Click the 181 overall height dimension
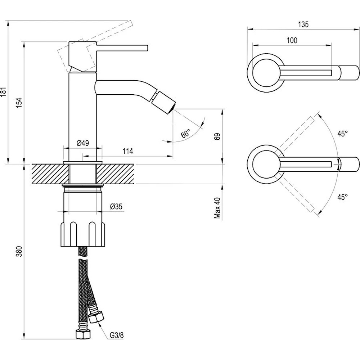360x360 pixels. pyautogui.click(x=3, y=92)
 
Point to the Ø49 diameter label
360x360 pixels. pyautogui.click(x=83, y=143)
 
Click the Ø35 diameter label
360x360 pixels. pyautogui.click(x=116, y=207)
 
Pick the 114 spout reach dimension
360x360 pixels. pyautogui.click(x=128, y=151)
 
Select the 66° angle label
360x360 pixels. pyautogui.click(x=185, y=134)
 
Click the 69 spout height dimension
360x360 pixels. pyautogui.click(x=218, y=136)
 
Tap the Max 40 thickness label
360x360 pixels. pyautogui.click(x=217, y=208)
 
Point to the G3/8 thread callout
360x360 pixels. pyautogui.click(x=117, y=335)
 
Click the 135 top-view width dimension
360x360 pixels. pyautogui.click(x=303, y=24)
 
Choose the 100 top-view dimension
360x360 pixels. pyautogui.click(x=292, y=40)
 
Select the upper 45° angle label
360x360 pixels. pyautogui.click(x=343, y=134)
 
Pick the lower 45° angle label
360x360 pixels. pyautogui.click(x=343, y=197)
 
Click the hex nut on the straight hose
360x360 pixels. pyautogui.click(x=82, y=334)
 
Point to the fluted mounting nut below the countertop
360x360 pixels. pyautogui.click(x=83, y=234)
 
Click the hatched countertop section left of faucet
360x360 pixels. pyautogui.click(x=50, y=174)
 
